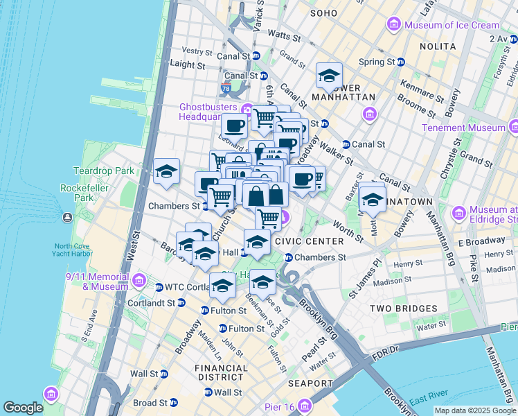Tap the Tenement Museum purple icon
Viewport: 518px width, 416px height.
(x=513, y=127)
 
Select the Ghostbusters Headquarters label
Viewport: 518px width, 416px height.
(x=208, y=112)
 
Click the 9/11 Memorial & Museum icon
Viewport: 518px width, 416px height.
(x=139, y=280)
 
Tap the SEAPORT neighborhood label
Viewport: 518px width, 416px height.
(x=310, y=383)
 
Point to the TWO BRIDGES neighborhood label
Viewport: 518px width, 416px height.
(x=403, y=309)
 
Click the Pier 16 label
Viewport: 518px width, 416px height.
(x=280, y=407)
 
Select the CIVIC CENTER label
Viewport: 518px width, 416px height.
(x=309, y=241)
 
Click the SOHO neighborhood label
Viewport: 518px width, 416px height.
(x=323, y=13)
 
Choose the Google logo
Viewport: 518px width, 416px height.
(x=23, y=408)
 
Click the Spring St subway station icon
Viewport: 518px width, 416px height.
(x=401, y=62)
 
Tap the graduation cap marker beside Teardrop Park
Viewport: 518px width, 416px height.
(x=166, y=172)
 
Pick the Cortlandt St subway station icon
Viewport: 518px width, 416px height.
(x=181, y=303)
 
